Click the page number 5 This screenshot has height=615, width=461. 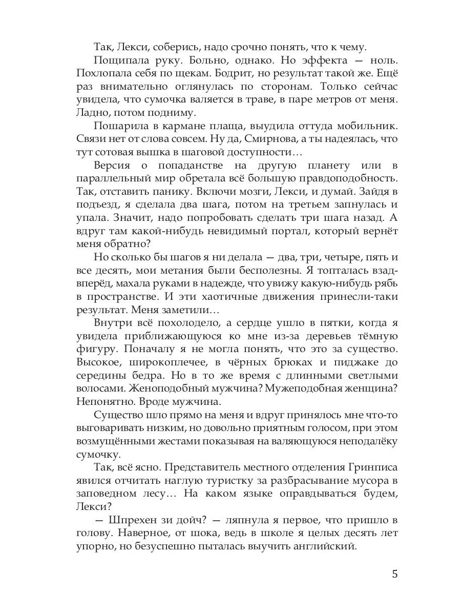click(x=394, y=573)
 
